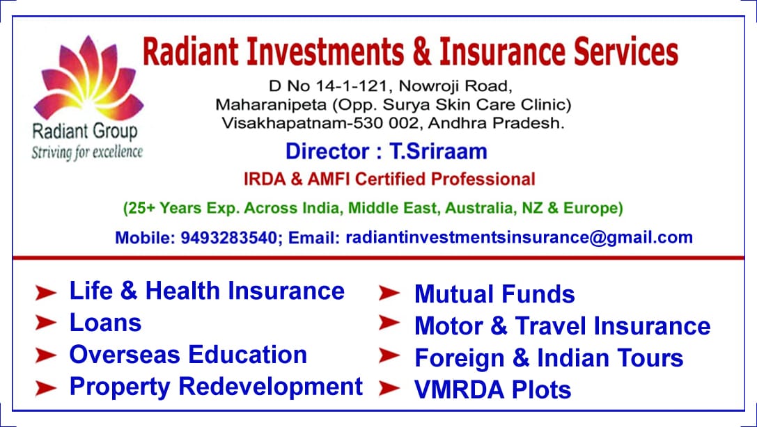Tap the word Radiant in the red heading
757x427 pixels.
pos(190,52)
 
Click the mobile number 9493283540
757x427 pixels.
pos(228,237)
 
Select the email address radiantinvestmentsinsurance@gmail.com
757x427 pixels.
pos(520,237)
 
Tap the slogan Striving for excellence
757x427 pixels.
pos(86,152)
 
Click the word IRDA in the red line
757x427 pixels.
pos(263,179)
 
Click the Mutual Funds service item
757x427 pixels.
pos(494,294)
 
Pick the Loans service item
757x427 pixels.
pos(105,323)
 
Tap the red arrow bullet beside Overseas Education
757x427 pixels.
pos(46,355)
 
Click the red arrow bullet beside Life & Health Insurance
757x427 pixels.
pos(46,293)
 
